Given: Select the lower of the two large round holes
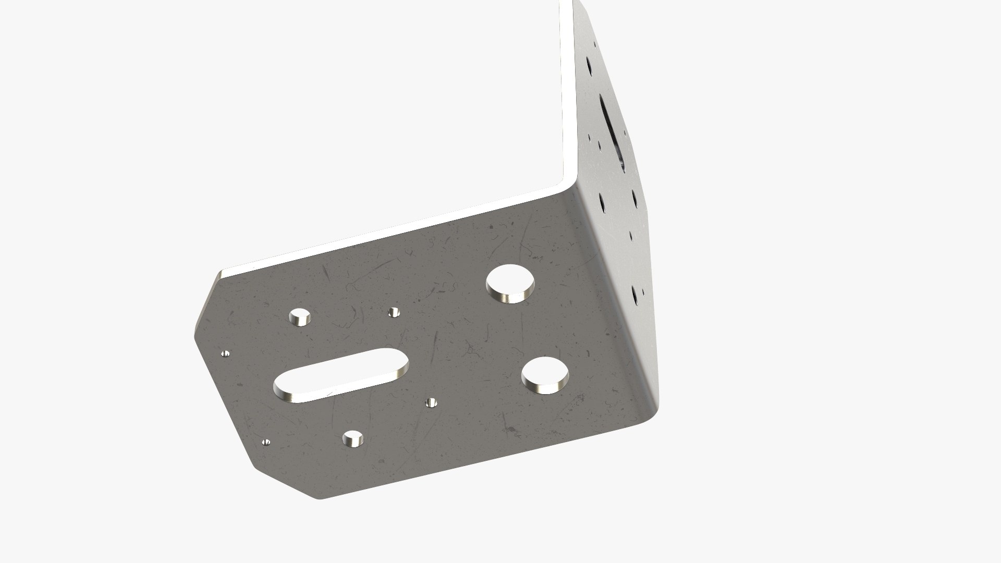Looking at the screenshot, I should (x=545, y=375).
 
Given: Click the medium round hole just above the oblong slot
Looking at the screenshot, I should (x=300, y=316).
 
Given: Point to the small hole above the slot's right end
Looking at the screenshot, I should (x=394, y=312).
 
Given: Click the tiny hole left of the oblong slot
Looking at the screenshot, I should (x=226, y=354).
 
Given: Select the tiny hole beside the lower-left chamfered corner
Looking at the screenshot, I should (x=266, y=442).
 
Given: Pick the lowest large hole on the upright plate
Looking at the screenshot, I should (x=636, y=294).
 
